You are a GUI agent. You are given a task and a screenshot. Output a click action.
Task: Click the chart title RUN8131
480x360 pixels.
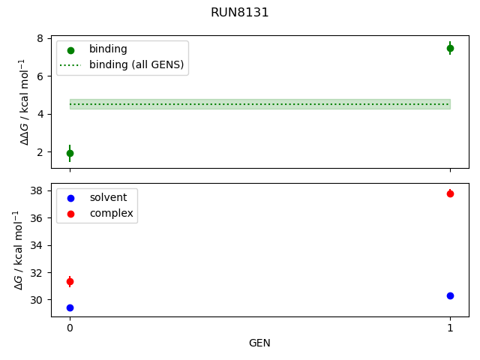[240, 13]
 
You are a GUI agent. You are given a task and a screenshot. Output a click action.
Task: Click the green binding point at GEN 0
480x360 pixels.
[70, 153]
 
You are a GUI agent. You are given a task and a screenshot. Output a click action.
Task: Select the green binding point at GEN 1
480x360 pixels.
[450, 48]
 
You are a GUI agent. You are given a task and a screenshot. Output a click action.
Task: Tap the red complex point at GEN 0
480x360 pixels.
[70, 281]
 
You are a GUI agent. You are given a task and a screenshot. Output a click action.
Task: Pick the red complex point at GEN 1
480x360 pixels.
[450, 193]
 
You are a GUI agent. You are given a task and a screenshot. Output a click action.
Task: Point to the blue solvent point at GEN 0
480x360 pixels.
[70, 307]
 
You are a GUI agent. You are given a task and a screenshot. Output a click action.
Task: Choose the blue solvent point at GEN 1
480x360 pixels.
[450, 295]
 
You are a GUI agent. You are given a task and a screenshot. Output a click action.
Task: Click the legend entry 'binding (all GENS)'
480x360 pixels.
[136, 64]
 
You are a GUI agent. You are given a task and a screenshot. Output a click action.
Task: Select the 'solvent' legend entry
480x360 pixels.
[108, 197]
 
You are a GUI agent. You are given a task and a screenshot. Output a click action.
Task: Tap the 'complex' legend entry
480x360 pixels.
[111, 213]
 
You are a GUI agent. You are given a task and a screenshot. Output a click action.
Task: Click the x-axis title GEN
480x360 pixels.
[259, 343]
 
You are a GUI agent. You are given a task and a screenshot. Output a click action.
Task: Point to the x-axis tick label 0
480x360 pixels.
[70, 328]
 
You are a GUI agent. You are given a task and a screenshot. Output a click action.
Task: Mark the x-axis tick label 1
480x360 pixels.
[450, 328]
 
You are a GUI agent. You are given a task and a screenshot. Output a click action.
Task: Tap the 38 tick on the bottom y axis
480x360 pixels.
[38, 190]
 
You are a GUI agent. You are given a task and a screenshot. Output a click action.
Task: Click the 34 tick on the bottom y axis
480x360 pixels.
[38, 245]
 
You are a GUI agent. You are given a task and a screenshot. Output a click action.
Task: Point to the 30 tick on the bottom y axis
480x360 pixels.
[38, 300]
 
